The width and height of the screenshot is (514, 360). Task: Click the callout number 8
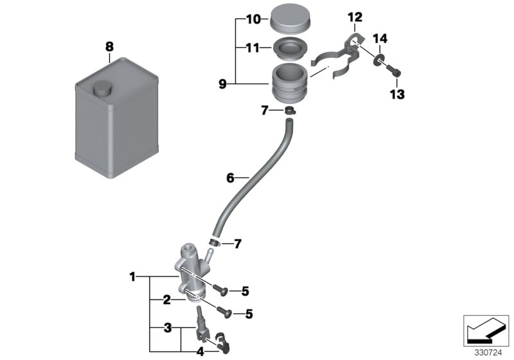109,46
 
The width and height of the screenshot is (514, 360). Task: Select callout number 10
253,20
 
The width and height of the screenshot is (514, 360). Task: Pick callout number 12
355,16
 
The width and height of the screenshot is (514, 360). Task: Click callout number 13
396,94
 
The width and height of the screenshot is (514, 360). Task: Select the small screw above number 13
394,73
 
